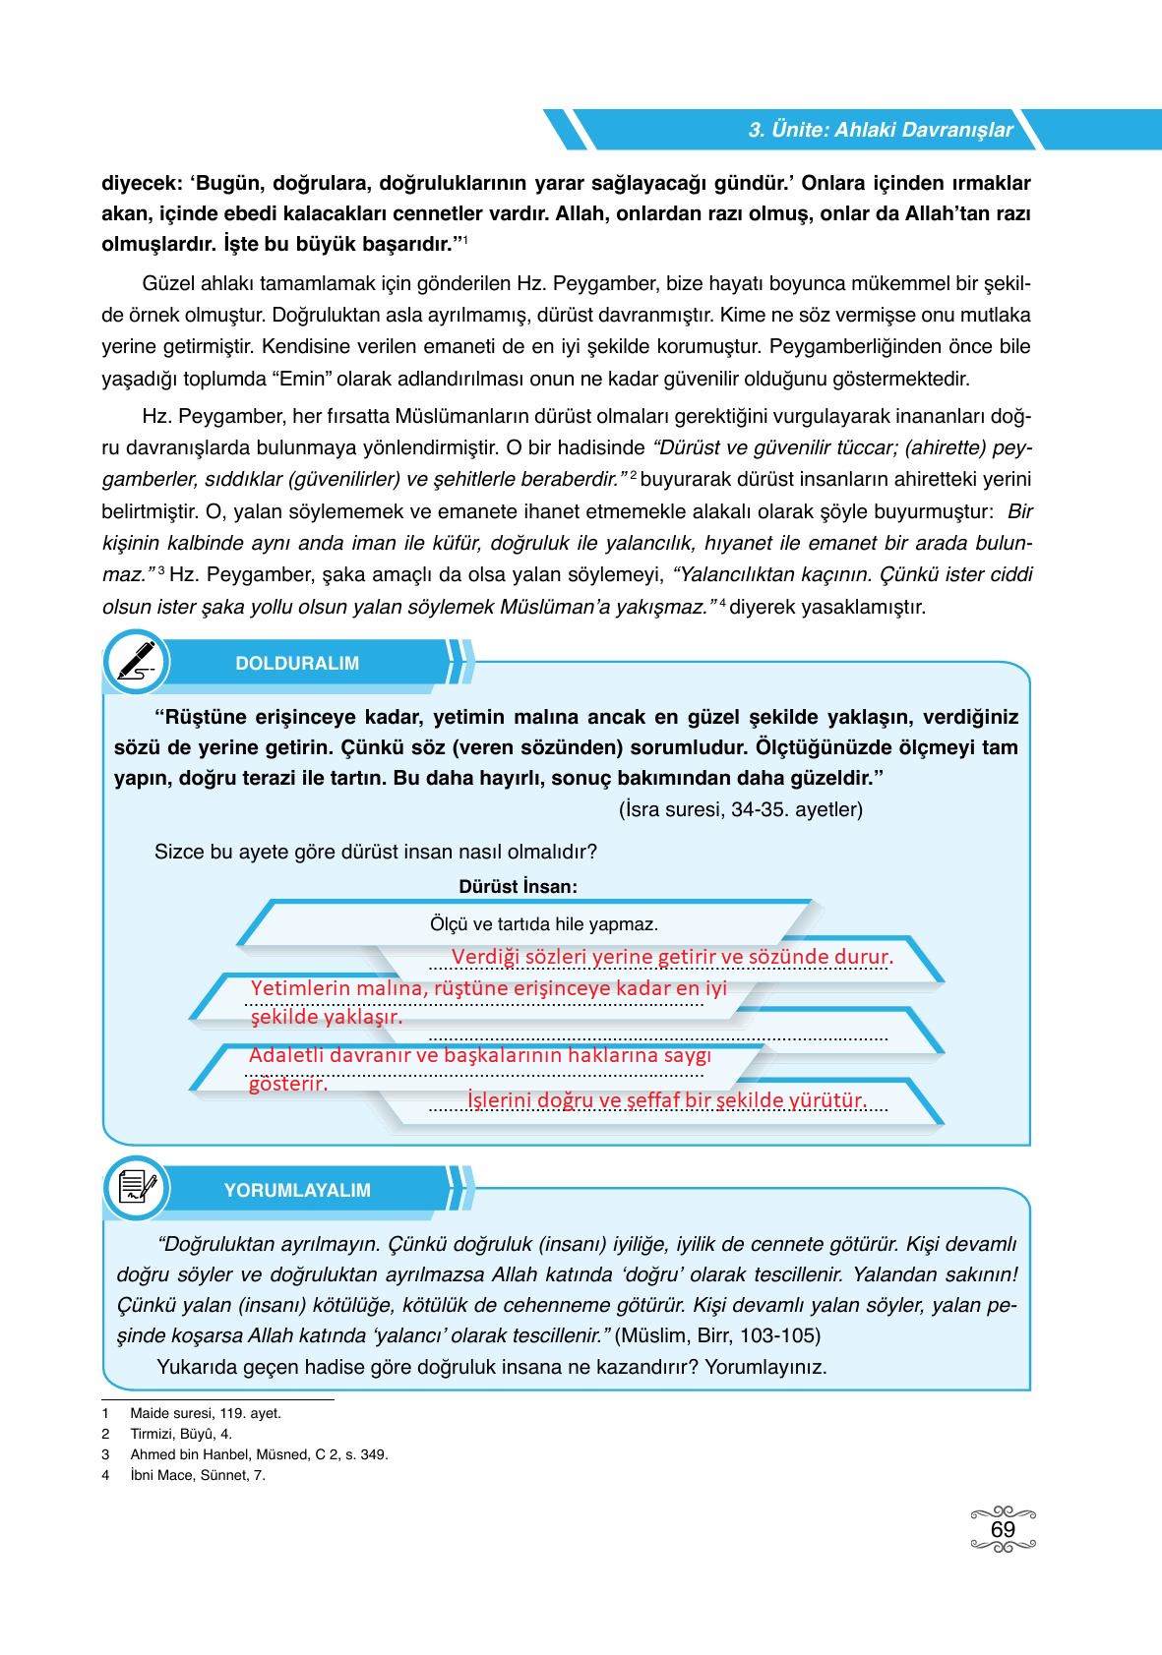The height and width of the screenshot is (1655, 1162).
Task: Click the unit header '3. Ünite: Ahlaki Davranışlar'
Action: pos(881,130)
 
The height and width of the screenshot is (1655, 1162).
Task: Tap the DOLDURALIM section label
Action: pos(297,664)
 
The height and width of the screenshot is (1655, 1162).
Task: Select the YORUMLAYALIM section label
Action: pos(297,1190)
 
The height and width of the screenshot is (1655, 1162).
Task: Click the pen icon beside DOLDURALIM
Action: pos(136,662)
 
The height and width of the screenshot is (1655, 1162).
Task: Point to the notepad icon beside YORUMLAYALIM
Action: pos(136,1188)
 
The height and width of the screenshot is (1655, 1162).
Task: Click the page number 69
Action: pos(1003,1530)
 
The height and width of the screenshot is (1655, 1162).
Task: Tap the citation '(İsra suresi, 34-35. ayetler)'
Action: pos(741,809)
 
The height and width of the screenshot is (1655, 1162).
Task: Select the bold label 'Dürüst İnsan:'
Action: pos(518,886)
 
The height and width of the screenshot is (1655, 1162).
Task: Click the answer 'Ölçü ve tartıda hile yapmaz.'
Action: pos(544,924)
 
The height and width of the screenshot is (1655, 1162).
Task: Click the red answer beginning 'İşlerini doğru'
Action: pos(666,1100)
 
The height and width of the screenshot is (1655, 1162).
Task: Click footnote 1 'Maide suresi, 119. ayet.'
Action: pos(206,1413)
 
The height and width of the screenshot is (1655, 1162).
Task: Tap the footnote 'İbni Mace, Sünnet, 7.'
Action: pos(198,1475)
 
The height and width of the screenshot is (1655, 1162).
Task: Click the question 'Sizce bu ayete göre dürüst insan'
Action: pos(376,852)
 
